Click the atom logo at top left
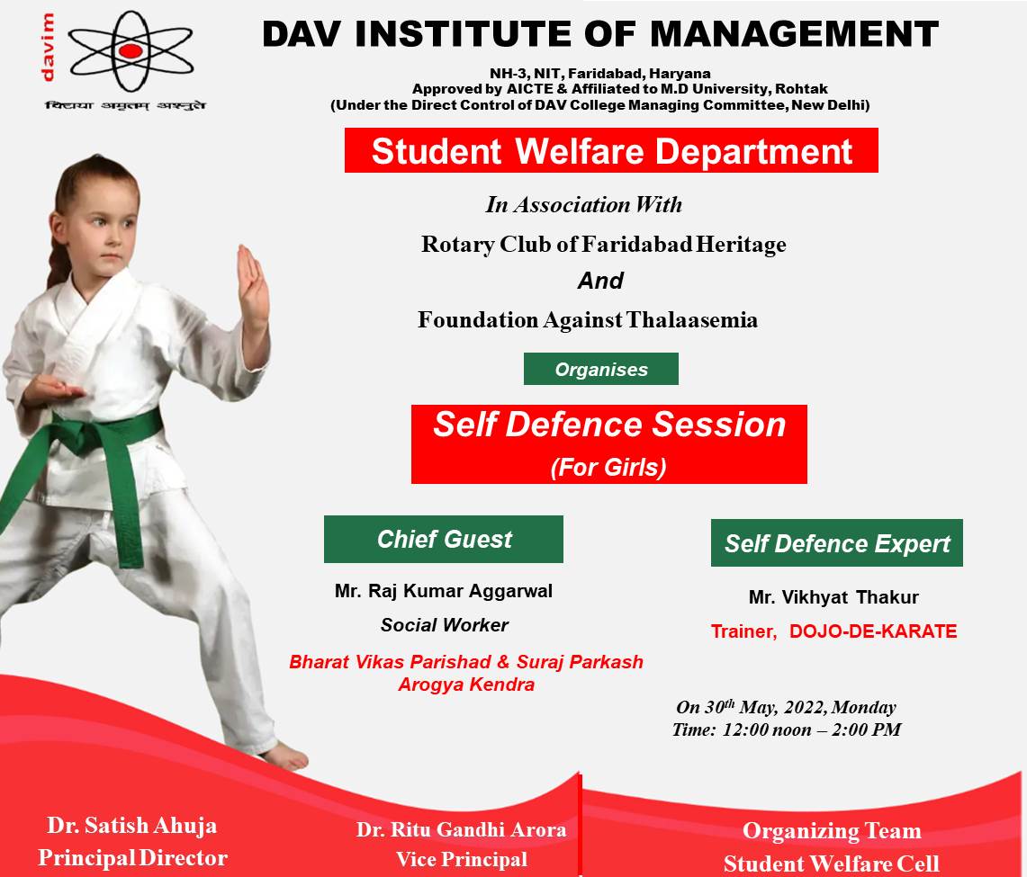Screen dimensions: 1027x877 pyautogui.click(x=131, y=51)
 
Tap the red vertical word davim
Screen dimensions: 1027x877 pyautogui.click(x=47, y=48)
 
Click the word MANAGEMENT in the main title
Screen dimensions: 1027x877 pyautogui.click(x=795, y=34)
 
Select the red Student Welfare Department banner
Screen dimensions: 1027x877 pyautogui.click(x=611, y=150)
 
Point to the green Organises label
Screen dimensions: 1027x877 pyautogui.click(x=600, y=369)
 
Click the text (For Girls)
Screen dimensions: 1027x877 pyautogui.click(x=608, y=468)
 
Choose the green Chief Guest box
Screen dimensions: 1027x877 pyautogui.click(x=444, y=540)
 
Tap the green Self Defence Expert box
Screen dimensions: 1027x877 pyautogui.click(x=836, y=543)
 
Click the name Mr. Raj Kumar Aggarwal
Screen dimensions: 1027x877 pyautogui.click(x=444, y=591)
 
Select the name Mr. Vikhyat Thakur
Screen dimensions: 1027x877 pyautogui.click(x=833, y=597)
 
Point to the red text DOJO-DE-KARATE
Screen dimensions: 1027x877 pyautogui.click(x=873, y=631)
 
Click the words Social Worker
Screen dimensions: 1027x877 pyautogui.click(x=444, y=625)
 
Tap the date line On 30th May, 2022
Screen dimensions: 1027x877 pyautogui.click(x=786, y=707)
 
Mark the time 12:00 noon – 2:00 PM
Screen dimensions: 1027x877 pyautogui.click(x=812, y=729)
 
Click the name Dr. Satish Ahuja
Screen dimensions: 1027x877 pyautogui.click(x=131, y=826)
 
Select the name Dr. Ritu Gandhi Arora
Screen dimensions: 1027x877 pyautogui.click(x=461, y=830)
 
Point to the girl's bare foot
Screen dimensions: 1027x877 pyautogui.click(x=285, y=756)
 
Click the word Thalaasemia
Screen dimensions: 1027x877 pyautogui.click(x=691, y=320)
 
